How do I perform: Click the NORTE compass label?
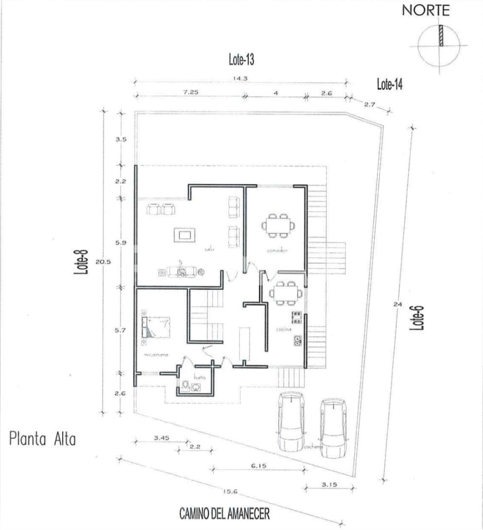point(426,11)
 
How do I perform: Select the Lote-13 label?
point(241,60)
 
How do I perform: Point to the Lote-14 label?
point(390,84)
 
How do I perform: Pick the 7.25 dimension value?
point(190,92)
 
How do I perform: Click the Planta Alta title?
point(43,440)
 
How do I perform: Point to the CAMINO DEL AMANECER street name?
point(224,513)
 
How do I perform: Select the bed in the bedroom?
point(157,327)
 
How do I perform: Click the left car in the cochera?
point(291,421)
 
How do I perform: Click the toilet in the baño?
point(185,386)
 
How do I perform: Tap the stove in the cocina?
point(296,318)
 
